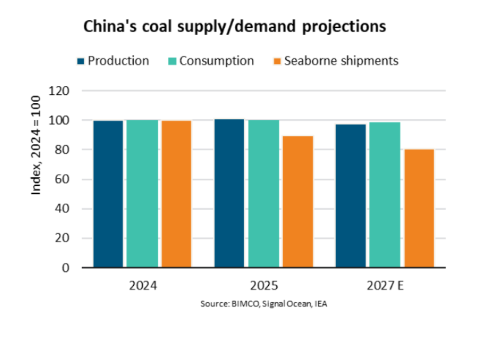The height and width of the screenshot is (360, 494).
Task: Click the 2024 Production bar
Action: pos(108,194)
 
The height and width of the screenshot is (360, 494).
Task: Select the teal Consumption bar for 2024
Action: pos(142,193)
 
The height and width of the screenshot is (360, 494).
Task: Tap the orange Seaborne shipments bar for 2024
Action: pos(176,194)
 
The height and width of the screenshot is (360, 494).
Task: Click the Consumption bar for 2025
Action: pos(263,193)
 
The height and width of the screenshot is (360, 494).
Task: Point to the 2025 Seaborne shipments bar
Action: pos(297,202)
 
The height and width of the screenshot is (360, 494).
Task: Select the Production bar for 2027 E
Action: pos(350,196)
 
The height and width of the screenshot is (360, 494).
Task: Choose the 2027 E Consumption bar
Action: pos(385,195)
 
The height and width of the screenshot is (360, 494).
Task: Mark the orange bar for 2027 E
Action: pos(419,208)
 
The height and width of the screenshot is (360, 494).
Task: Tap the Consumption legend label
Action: pos(216,61)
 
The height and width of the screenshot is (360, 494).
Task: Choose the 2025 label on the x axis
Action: pos(264,286)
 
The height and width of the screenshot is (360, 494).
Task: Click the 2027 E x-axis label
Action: pos(385,286)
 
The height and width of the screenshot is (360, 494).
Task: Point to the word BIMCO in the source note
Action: pos(243,304)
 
